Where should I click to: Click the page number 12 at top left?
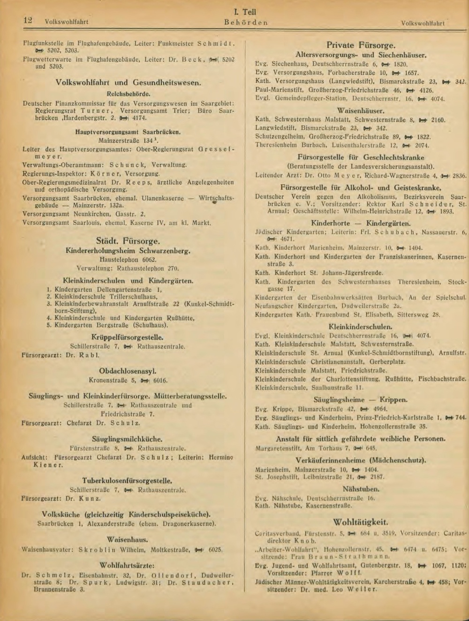tap(27, 20)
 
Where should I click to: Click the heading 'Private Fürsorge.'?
tap(361, 46)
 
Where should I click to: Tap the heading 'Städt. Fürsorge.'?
tap(128, 241)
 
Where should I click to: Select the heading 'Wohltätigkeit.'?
tap(360, 522)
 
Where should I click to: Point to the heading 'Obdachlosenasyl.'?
tap(128, 371)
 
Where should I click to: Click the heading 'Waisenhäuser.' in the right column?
tap(360, 111)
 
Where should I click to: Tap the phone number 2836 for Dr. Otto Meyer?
tap(459, 176)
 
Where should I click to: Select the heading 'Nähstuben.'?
tap(361, 489)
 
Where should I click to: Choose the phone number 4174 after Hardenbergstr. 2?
tap(139, 119)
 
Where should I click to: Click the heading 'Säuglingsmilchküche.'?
tap(128, 439)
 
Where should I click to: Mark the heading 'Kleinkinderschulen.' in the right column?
tap(361, 326)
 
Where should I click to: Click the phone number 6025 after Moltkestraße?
tap(214, 549)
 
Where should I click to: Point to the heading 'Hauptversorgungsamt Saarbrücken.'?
tap(128, 132)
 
